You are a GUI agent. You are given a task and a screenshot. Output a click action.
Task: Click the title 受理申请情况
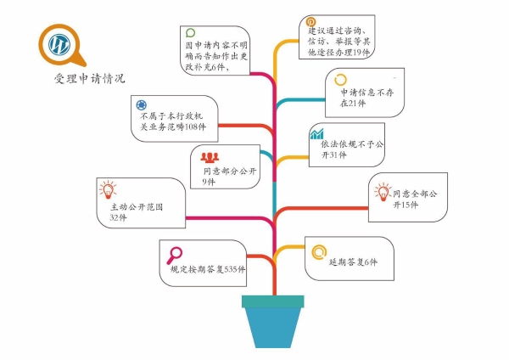pyautogui.click(x=89, y=78)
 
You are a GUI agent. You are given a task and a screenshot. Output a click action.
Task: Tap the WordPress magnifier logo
pyautogui.click(x=62, y=45)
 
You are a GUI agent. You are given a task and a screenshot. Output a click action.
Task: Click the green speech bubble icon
pyautogui.click(x=190, y=33)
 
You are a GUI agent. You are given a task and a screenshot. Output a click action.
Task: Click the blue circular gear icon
pyautogui.click(x=141, y=105)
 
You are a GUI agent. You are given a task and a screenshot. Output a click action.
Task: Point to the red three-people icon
pyautogui.click(x=210, y=158)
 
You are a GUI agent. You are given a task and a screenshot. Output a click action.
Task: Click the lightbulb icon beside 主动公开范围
pyautogui.click(x=108, y=189)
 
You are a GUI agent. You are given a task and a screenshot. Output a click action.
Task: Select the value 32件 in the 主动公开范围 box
pyautogui.click(x=118, y=217)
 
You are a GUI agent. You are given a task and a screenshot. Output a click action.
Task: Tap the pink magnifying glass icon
pyautogui.click(x=174, y=256)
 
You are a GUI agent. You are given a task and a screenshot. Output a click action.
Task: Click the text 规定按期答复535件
pyautogui.click(x=208, y=269)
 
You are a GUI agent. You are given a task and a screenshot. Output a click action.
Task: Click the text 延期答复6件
pyautogui.click(x=353, y=262)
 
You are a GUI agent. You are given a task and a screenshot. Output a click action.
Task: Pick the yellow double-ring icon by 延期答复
pyautogui.click(x=319, y=252)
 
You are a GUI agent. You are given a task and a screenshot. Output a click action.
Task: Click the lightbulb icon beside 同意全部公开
pyautogui.click(x=383, y=192)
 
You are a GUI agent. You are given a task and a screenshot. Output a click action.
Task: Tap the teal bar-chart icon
pyautogui.click(x=316, y=133)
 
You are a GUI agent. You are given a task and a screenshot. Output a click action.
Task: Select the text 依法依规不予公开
pyautogui.click(x=352, y=144)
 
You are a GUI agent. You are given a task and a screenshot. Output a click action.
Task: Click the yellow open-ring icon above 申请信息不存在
pyautogui.click(x=340, y=80)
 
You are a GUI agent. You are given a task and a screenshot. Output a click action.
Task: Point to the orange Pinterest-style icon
pyautogui.click(x=310, y=22)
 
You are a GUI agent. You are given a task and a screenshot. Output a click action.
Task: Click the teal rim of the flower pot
pyautogui.click(x=272, y=301)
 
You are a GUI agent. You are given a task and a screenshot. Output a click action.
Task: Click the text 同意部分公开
pyautogui.click(x=230, y=172)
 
